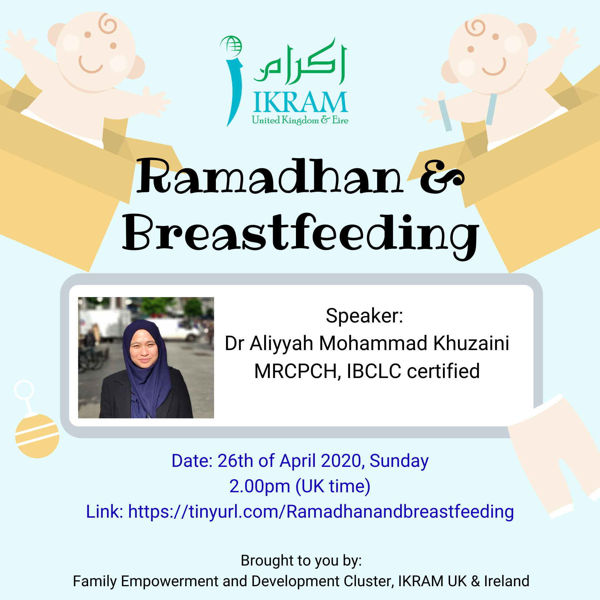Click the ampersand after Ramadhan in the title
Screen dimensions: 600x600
tap(442, 177)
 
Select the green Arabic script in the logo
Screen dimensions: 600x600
tap(300, 62)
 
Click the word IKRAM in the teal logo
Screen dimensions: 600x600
tap(300, 102)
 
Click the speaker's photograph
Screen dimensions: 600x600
tap(146, 358)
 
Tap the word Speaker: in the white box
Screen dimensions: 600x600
tap(365, 316)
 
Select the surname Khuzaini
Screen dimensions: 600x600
tap(471, 343)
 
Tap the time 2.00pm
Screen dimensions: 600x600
tap(259, 487)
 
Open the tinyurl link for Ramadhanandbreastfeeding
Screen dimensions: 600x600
tap(321, 512)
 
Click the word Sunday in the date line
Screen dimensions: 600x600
tap(399, 461)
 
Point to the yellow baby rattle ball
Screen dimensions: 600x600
tap(37, 436)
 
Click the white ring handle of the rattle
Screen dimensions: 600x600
tap(24, 390)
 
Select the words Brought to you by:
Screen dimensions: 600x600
tap(301, 561)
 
